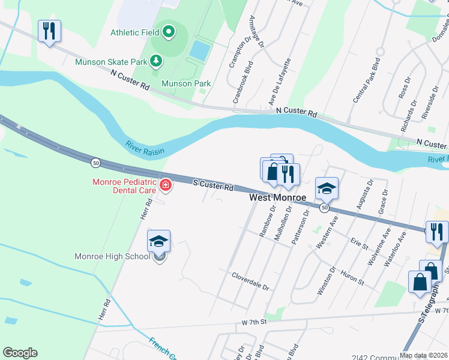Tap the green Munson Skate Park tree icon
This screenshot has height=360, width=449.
(x=155, y=61)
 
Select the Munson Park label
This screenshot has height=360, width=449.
(x=186, y=83)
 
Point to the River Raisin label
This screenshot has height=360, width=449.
(x=145, y=146)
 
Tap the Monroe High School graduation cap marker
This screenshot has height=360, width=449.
(x=158, y=241)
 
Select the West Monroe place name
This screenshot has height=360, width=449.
(x=278, y=197)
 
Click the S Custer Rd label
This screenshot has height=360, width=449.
(x=212, y=187)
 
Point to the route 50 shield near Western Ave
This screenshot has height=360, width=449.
(x=324, y=208)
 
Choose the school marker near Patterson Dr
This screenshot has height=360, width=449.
(x=327, y=188)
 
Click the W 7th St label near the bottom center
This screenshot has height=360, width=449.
(x=253, y=322)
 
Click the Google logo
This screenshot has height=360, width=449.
(x=20, y=353)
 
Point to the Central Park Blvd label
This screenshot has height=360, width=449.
(x=367, y=80)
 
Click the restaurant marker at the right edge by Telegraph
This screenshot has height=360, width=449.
(x=437, y=232)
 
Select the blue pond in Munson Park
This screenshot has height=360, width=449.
(x=200, y=50)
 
